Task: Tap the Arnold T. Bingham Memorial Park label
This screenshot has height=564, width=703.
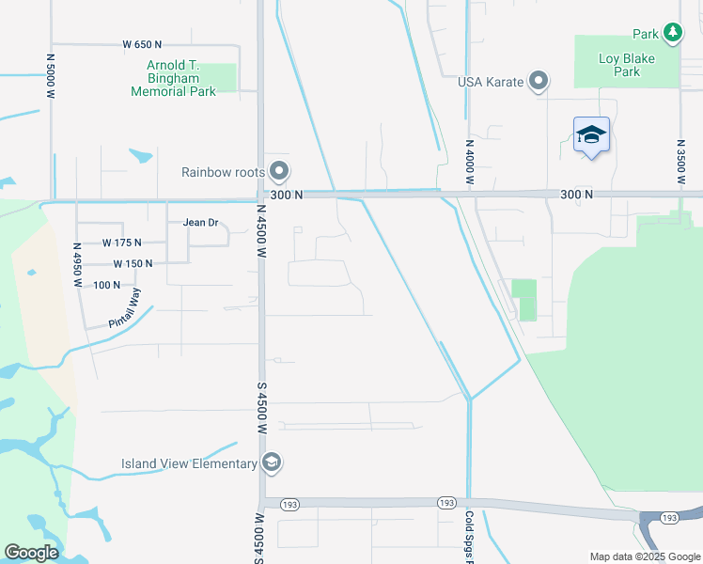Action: pos(174,79)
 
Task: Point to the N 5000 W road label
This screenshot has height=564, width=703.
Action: pos(51,74)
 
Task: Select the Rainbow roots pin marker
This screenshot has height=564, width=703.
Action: pos(278,172)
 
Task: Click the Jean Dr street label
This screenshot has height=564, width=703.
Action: pos(200,223)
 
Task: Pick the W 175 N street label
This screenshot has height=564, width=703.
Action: pos(121,243)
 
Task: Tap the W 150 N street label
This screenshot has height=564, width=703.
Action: pos(133,264)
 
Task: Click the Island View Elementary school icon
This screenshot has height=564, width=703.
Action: pos(271,462)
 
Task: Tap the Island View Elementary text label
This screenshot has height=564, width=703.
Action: pos(189,463)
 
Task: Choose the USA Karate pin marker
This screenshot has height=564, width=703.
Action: pos(539,82)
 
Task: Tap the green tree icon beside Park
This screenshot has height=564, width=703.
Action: pos(672,34)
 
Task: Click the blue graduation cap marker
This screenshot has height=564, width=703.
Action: pos(591,135)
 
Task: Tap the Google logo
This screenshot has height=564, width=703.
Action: pos(31,553)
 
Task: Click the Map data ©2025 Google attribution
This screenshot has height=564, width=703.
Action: pos(644,556)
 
